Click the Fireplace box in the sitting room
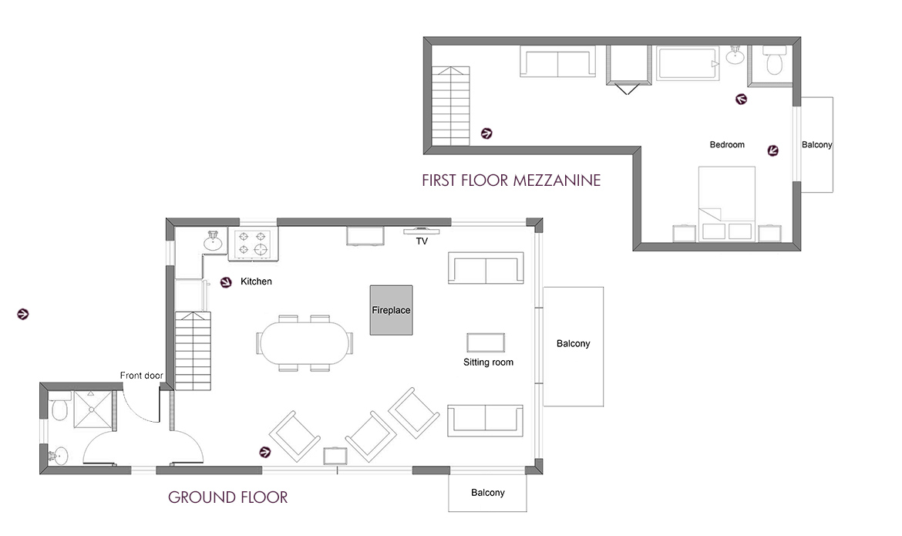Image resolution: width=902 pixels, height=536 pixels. pyautogui.click(x=391, y=310)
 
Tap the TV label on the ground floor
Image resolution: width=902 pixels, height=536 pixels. pyautogui.click(x=422, y=241)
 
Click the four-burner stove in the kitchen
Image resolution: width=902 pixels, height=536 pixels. pyautogui.click(x=254, y=243)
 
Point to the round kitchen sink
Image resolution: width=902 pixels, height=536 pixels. pyautogui.click(x=214, y=243)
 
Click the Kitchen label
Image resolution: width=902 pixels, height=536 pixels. pyautogui.click(x=256, y=282)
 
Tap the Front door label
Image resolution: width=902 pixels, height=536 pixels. pyautogui.click(x=141, y=376)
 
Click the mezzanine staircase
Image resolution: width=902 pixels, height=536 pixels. pyautogui.click(x=449, y=105)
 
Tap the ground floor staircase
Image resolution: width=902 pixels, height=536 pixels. pyautogui.click(x=193, y=349)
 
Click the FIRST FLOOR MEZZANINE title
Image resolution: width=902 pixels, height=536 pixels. pyautogui.click(x=510, y=181)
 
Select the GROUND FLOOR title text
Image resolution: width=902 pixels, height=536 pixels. pyautogui.click(x=227, y=497)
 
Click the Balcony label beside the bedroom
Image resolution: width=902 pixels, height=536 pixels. pyautogui.click(x=816, y=145)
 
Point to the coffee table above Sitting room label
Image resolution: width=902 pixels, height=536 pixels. pyautogui.click(x=486, y=342)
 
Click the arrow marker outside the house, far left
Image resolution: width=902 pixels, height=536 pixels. pyautogui.click(x=23, y=314)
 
